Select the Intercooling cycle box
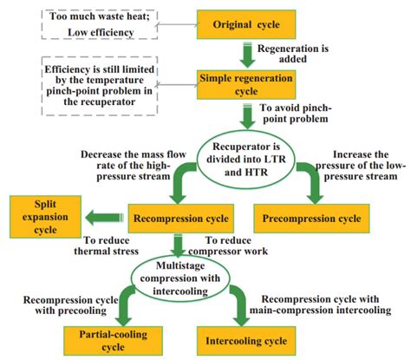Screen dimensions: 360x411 (245, 339)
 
